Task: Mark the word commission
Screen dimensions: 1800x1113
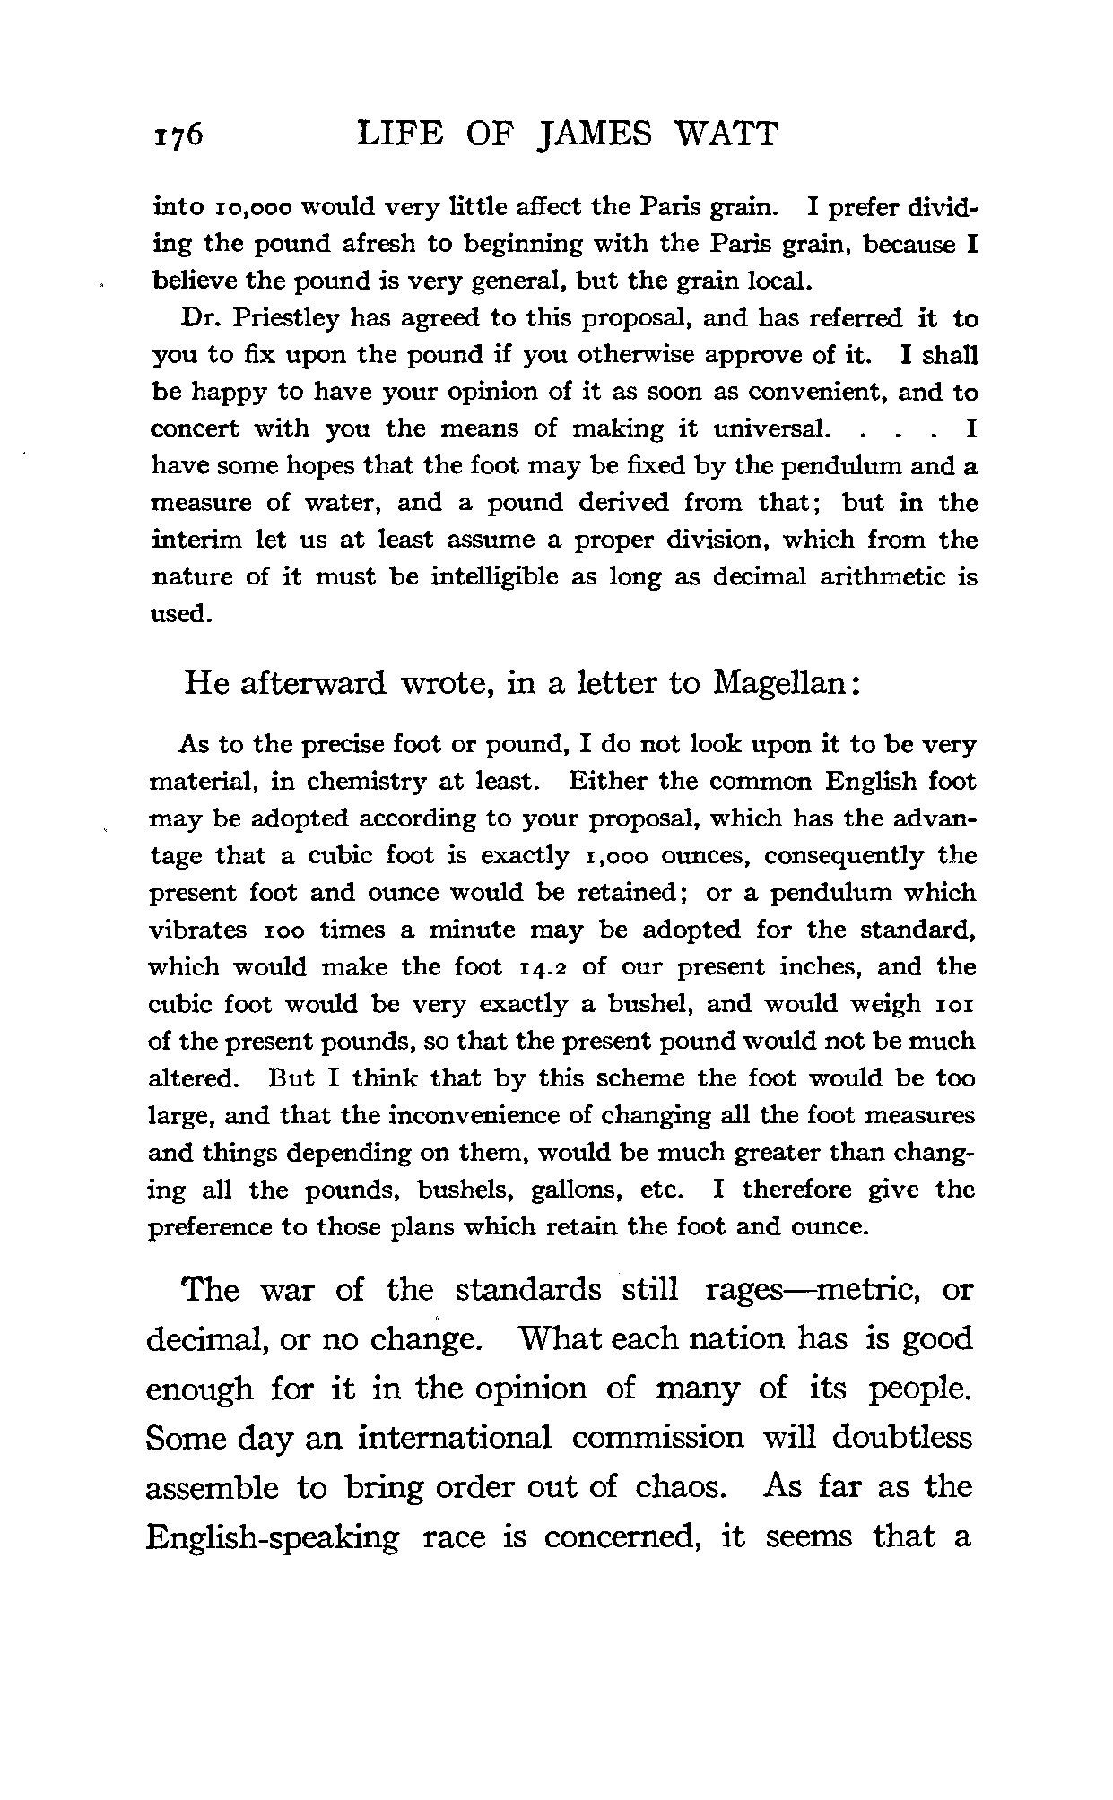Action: tap(658, 1438)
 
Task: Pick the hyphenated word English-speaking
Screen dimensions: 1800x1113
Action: tap(273, 1537)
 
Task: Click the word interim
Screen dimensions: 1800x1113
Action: tap(184, 541)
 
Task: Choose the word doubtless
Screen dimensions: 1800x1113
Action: tap(901, 1438)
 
